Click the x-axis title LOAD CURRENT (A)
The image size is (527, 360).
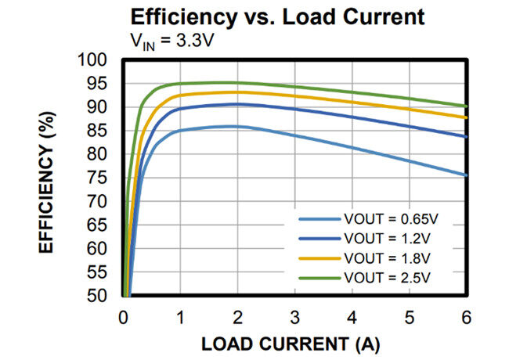tap(294, 344)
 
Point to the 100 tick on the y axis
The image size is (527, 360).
tap(96, 60)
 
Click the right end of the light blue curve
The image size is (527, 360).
tap(467, 175)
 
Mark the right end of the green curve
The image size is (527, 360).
tap(467, 106)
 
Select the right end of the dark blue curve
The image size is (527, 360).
tap(467, 137)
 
